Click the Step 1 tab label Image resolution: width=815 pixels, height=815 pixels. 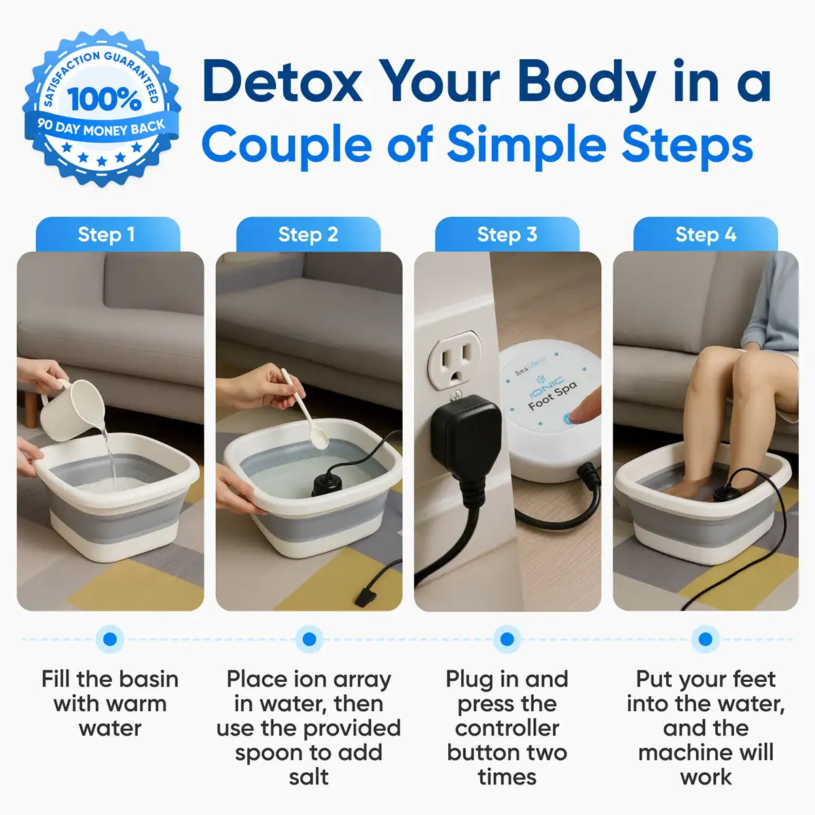107,235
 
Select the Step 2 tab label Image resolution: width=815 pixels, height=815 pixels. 308,235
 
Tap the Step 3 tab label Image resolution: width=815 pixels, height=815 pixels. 507,235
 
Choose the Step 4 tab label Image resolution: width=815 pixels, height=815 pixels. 706,235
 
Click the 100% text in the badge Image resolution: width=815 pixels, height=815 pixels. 104,99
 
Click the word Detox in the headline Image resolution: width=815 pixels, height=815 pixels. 282,82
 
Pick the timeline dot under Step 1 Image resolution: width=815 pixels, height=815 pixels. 110,639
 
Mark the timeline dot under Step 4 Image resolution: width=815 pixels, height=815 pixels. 705,639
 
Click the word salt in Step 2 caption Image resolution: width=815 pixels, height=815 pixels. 308,777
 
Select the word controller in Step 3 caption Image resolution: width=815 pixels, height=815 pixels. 507,728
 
